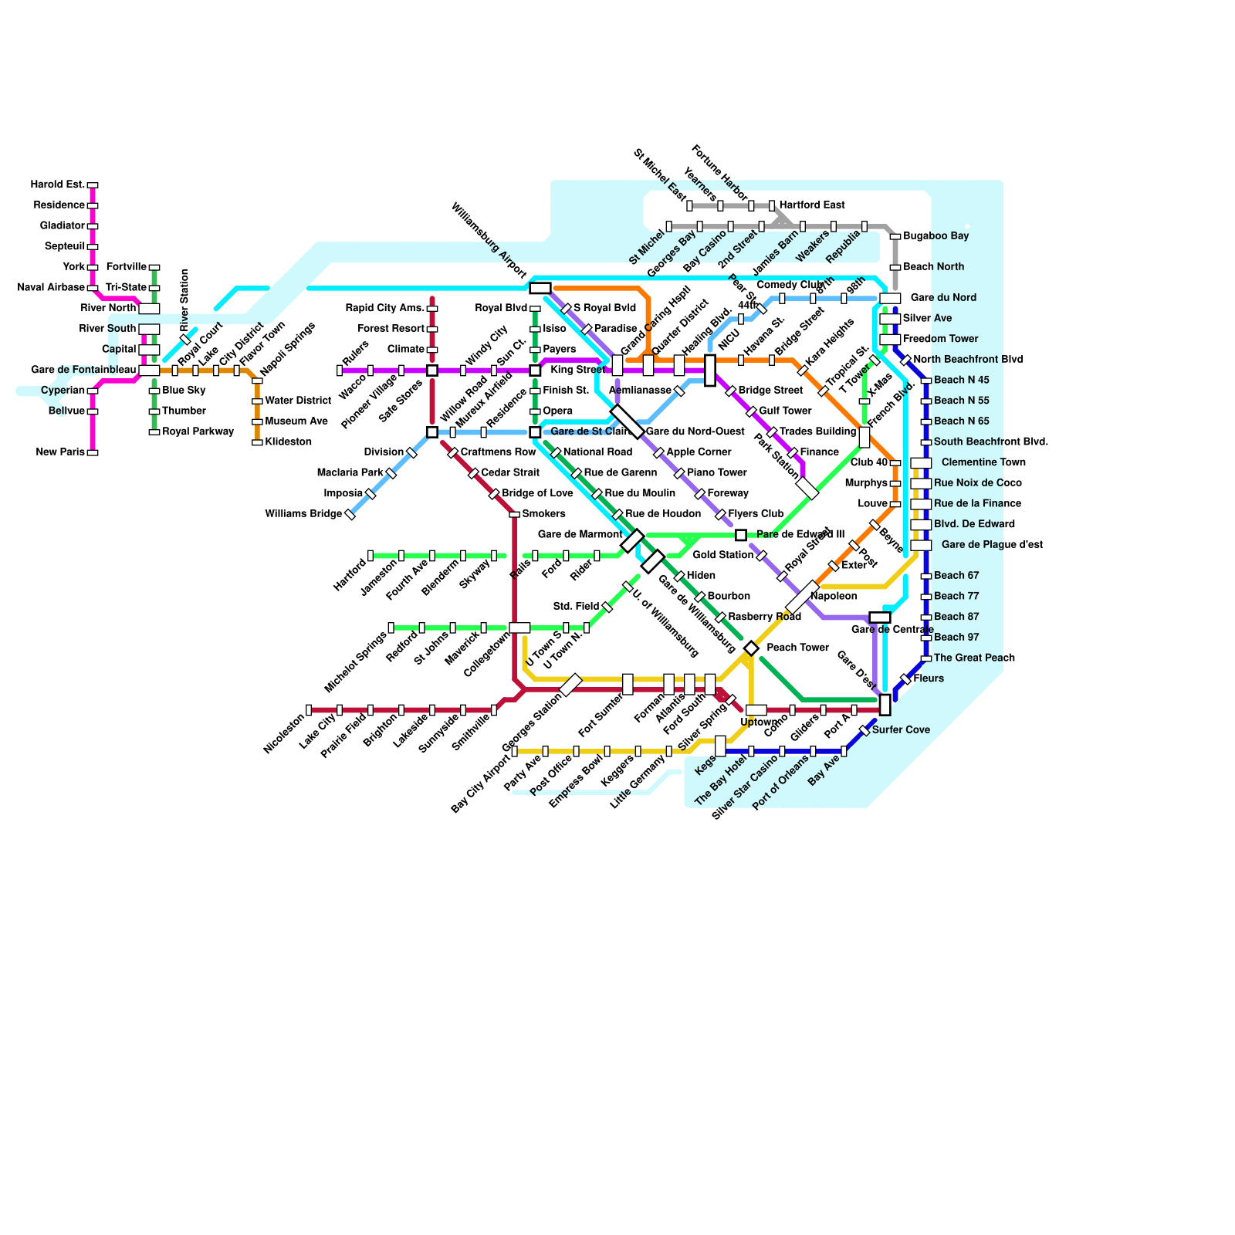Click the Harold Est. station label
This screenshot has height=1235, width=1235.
58,185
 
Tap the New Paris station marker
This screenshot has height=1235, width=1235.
93,453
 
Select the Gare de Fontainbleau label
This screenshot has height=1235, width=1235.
83,370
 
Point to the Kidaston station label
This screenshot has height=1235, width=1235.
288,442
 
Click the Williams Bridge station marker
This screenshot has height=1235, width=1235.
350,515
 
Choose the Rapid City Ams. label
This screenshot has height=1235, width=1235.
385,309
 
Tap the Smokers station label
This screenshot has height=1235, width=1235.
543,514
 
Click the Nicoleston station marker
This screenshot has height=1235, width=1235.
309,710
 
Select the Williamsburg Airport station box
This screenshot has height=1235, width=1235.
540,289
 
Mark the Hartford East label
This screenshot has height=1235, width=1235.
812,205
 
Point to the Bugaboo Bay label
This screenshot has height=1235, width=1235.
936,236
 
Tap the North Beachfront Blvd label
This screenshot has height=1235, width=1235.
968,360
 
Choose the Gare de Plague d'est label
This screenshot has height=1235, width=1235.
992,545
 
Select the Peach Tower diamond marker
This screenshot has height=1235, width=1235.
751,648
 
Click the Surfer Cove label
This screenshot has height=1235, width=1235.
901,730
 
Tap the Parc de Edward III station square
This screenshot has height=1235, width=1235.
741,536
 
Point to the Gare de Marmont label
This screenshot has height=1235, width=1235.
580,534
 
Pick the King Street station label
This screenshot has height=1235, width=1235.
577,370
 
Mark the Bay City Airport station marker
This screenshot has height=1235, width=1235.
515,752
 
